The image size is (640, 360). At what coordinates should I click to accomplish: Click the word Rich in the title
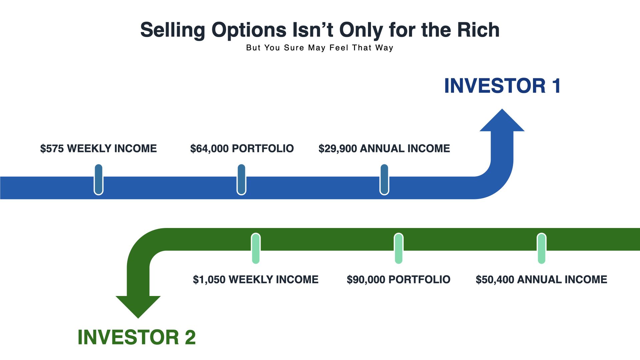(x=478, y=30)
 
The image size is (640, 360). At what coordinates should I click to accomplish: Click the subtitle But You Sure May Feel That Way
(x=320, y=48)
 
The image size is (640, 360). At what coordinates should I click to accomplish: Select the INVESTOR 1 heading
(x=503, y=86)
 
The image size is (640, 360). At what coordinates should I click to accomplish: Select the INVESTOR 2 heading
(x=137, y=337)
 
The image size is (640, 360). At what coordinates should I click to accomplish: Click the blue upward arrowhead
(x=502, y=120)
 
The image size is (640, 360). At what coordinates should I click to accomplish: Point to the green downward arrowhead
(x=138, y=307)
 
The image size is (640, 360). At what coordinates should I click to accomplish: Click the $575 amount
(x=52, y=148)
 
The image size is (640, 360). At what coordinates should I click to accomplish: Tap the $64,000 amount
(x=209, y=148)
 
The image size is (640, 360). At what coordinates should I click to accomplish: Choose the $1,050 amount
(x=209, y=279)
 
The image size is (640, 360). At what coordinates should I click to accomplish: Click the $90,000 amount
(x=366, y=279)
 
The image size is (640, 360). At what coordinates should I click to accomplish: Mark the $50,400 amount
(x=495, y=279)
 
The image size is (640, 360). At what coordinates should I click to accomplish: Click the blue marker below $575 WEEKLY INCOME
(x=99, y=179)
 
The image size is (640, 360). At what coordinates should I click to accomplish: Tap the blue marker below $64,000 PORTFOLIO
(x=241, y=179)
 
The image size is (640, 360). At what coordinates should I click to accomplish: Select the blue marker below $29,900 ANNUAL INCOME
(x=384, y=179)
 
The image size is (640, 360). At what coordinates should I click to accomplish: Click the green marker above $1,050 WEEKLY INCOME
(x=256, y=248)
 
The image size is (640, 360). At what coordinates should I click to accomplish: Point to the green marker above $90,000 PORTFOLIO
(x=399, y=248)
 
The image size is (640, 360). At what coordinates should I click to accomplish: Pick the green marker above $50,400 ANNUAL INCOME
(x=542, y=248)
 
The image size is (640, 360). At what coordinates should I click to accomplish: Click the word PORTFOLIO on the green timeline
(x=420, y=279)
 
